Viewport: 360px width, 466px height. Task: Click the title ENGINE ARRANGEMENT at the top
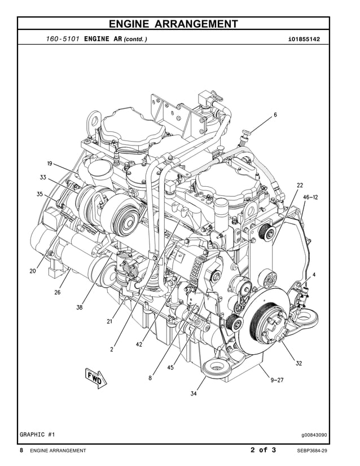(x=173, y=24)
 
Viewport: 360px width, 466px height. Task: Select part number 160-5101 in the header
(x=62, y=39)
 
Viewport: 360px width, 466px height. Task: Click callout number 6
(x=275, y=115)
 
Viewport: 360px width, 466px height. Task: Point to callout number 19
(x=50, y=164)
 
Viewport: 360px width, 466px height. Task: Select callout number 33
(x=43, y=177)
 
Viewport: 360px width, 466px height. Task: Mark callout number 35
(x=39, y=194)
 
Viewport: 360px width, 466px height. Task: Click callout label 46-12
(x=310, y=197)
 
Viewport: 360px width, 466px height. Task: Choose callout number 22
(x=300, y=185)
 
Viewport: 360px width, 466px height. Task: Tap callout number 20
(x=33, y=271)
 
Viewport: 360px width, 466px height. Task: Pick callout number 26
(x=58, y=292)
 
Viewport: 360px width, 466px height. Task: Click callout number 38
(x=80, y=307)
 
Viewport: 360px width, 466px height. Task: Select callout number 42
(x=139, y=345)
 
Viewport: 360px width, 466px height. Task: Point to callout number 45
(x=170, y=367)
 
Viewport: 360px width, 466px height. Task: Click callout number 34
(x=193, y=393)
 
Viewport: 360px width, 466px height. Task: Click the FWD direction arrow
(x=94, y=379)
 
